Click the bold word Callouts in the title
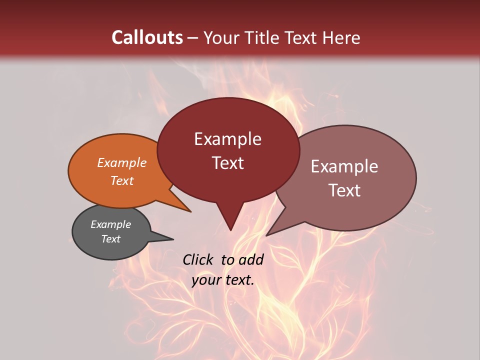point(147,37)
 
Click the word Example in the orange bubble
point(122,162)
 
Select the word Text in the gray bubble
point(111,239)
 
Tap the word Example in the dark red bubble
point(228,139)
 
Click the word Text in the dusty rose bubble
point(344,190)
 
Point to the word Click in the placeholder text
point(198,259)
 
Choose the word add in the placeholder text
point(251,259)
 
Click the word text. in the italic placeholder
point(239,280)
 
